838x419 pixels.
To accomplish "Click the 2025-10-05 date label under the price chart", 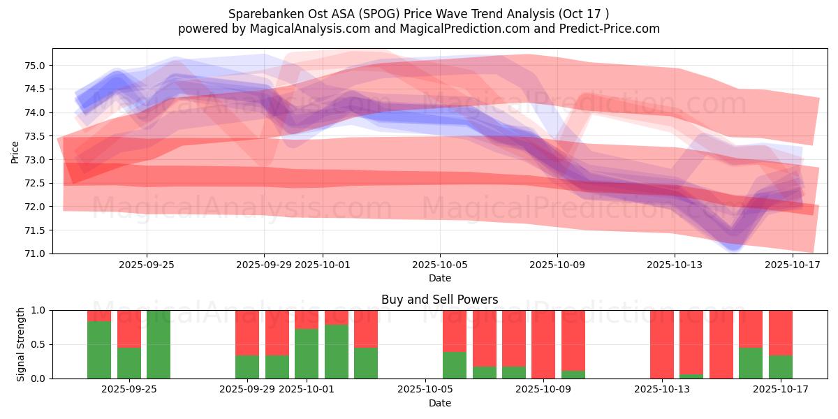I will pos(440,265).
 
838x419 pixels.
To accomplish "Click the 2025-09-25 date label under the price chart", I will pos(147,265).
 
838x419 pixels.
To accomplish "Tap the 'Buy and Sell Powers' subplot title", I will pos(440,300).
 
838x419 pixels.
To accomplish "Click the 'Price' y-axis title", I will pos(15,151).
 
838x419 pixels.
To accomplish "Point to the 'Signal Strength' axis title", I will pos(21,344).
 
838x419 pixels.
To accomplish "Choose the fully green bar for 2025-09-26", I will pos(159,344).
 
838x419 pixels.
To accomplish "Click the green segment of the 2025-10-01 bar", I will pos(307,353).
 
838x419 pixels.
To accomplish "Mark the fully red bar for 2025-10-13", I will pos(662,344).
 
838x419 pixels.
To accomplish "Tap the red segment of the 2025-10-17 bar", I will pos(781,332).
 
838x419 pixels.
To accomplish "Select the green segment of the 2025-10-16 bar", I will pos(751,363).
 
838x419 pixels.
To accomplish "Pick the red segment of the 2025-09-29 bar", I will pos(247,332).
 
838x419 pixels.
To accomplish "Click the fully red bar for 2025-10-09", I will pos(543,344).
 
